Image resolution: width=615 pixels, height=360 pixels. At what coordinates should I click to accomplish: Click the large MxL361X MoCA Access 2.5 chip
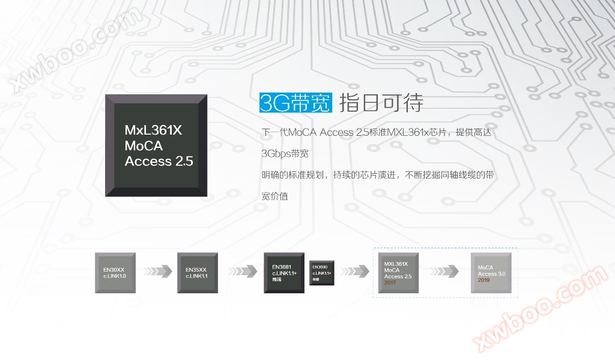[156, 145]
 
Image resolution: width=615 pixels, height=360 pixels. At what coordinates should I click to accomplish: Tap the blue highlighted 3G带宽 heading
[295, 103]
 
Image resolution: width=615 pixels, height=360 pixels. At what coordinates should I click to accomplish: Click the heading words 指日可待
[381, 103]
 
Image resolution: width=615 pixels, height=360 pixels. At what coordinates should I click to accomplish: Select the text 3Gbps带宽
[285, 154]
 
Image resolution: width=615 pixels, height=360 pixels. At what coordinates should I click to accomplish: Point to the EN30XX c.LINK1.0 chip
[115, 273]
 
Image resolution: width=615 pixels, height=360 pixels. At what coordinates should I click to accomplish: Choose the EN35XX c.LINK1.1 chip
[197, 273]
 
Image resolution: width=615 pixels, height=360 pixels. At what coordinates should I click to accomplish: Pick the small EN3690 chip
[322, 273]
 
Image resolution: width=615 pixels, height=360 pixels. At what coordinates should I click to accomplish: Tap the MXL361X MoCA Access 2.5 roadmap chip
[398, 273]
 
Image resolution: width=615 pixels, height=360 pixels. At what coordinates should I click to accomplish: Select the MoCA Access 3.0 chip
[491, 273]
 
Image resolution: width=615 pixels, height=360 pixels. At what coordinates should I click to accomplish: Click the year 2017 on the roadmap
[390, 282]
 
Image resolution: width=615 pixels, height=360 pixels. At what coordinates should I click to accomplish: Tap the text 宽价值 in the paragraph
[274, 197]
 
